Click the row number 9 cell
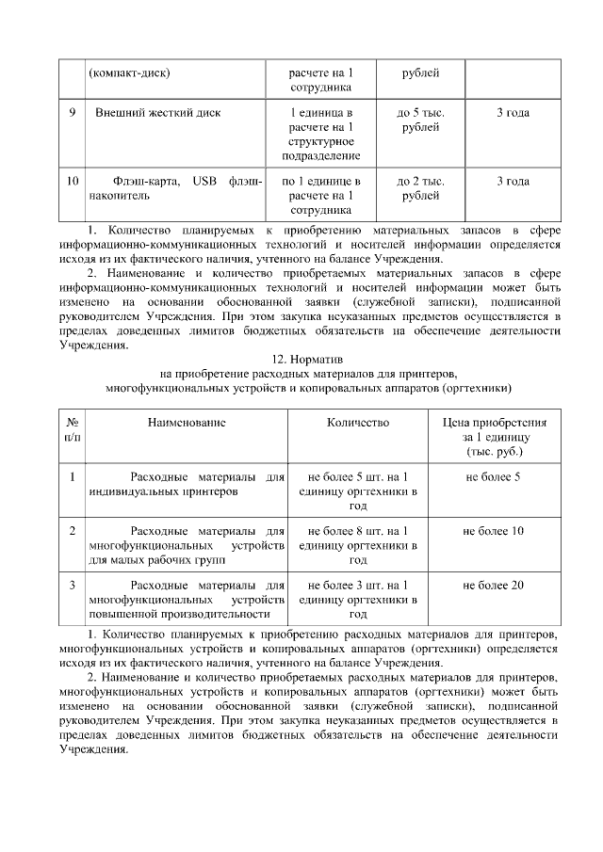[73, 114]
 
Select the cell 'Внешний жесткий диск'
[158, 114]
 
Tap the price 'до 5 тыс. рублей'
[420, 121]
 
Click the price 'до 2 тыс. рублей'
[420, 188]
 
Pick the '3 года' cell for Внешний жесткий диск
[513, 114]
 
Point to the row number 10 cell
[73, 181]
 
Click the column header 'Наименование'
[187, 424]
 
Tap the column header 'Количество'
[358, 424]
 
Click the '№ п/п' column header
[73, 430]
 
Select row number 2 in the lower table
[73, 532]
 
